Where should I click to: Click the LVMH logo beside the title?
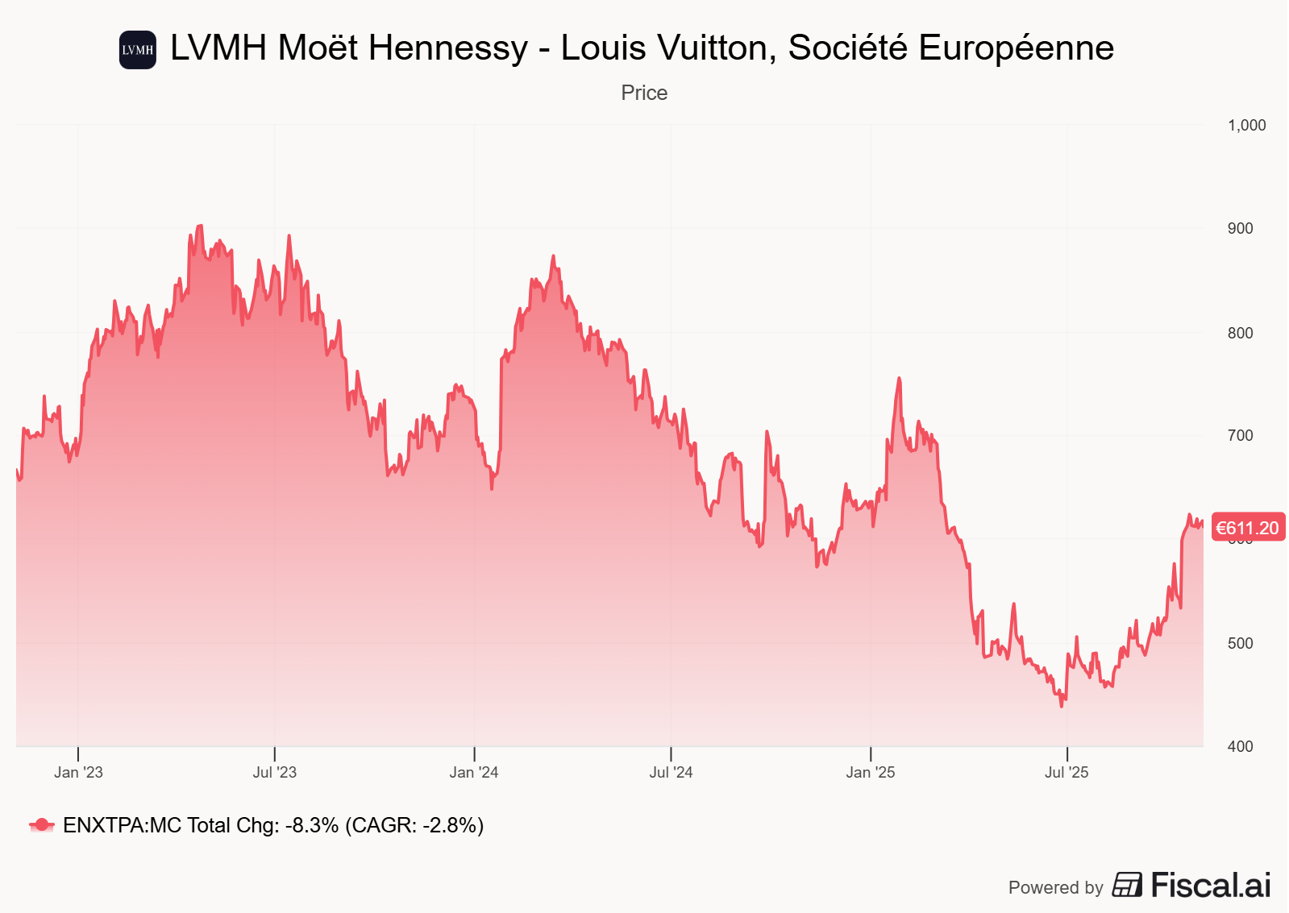coord(137,50)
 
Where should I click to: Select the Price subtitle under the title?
coord(644,93)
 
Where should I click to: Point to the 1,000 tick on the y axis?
coord(1246,126)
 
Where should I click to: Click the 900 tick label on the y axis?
coord(1240,229)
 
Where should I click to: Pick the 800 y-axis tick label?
coord(1240,333)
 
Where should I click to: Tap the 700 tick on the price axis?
coord(1240,436)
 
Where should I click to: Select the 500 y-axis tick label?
coord(1240,643)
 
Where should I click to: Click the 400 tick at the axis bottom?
coord(1240,747)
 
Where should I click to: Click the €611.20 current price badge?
coord(1247,528)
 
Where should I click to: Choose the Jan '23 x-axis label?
coord(78,772)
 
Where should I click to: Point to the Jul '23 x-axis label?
coord(275,772)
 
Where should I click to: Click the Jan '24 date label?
coord(474,772)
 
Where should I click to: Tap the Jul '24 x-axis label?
coord(671,772)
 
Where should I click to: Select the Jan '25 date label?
coord(871,772)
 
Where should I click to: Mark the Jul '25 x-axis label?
coord(1067,772)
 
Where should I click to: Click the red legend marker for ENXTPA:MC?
coord(42,825)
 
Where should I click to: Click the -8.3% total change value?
coord(312,825)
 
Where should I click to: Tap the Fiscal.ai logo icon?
coord(1127,885)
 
